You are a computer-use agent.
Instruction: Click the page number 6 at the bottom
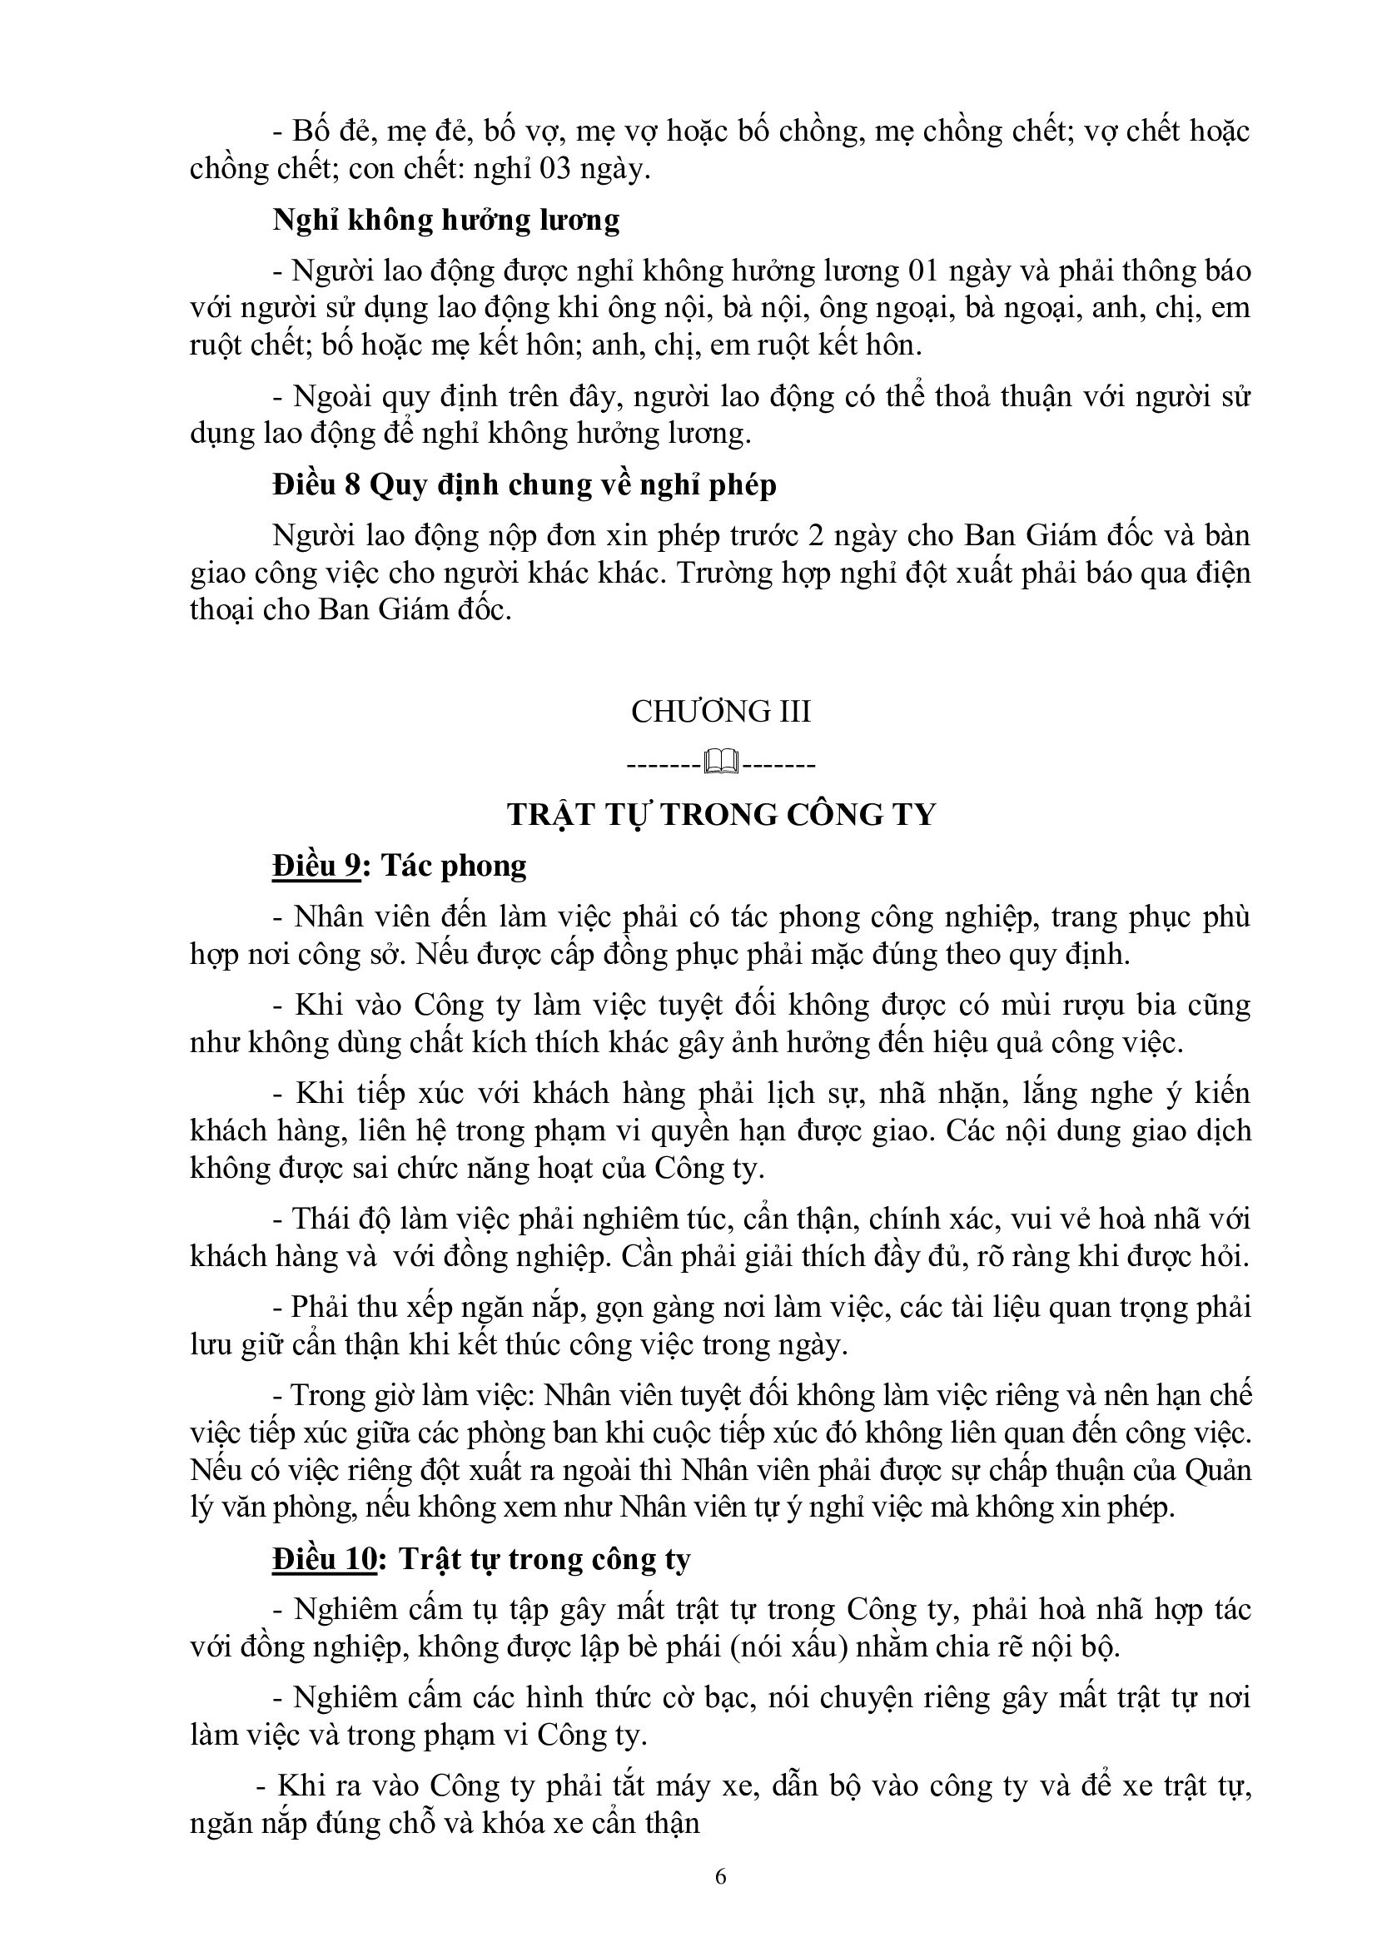tap(721, 1875)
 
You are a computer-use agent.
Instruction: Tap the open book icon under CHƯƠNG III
tap(721, 764)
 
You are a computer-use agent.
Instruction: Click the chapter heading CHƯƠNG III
tap(721, 711)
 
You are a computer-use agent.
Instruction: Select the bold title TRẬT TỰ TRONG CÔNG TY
tap(721, 814)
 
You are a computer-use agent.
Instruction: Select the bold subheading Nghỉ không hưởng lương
tap(446, 220)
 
